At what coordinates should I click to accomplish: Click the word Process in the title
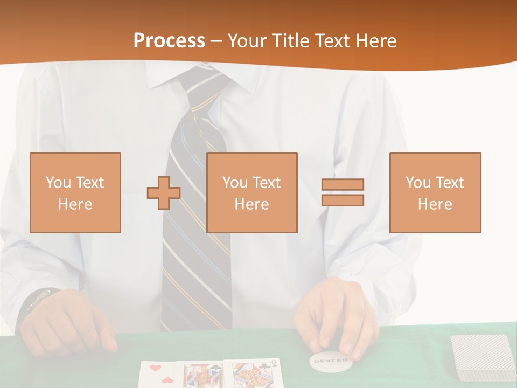pyautogui.click(x=169, y=41)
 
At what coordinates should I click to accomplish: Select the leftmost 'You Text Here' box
pyautogui.click(x=75, y=192)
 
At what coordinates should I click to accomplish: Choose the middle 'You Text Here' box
pyautogui.click(x=251, y=192)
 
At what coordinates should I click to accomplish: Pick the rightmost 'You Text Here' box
pyautogui.click(x=435, y=192)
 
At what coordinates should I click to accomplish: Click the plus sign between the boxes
pyautogui.click(x=164, y=192)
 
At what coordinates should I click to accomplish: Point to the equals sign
pyautogui.click(x=343, y=192)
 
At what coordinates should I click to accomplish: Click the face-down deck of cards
pyautogui.click(x=481, y=357)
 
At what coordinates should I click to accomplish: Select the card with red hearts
pyautogui.click(x=159, y=374)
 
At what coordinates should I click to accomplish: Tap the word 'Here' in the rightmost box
pyautogui.click(x=435, y=204)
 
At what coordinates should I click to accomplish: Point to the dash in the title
pyautogui.click(x=216, y=41)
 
